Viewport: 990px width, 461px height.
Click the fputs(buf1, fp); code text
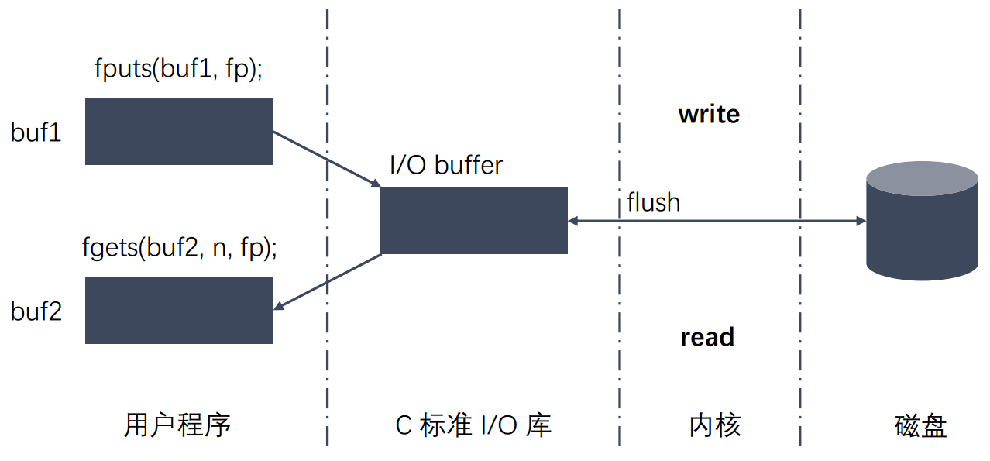(x=178, y=69)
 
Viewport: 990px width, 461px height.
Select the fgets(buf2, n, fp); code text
(x=180, y=249)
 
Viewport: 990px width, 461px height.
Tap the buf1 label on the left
(x=36, y=132)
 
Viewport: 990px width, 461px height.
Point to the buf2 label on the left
(x=36, y=311)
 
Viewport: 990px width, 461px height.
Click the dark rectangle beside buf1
(x=179, y=132)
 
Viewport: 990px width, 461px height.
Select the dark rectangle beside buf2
(x=179, y=311)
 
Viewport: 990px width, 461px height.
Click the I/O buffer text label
(x=445, y=165)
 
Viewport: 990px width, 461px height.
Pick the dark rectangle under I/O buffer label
(x=473, y=221)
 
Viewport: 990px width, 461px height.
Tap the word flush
(x=653, y=203)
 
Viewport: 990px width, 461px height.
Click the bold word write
(x=709, y=115)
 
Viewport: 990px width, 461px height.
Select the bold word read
(x=707, y=338)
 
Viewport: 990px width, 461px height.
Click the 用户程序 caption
(x=177, y=425)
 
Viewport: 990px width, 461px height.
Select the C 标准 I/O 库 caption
(x=473, y=425)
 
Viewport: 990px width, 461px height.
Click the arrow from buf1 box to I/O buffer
(x=325, y=159)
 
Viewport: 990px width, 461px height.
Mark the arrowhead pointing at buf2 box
(x=280, y=308)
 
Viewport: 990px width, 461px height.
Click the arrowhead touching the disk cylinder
(x=861, y=222)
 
